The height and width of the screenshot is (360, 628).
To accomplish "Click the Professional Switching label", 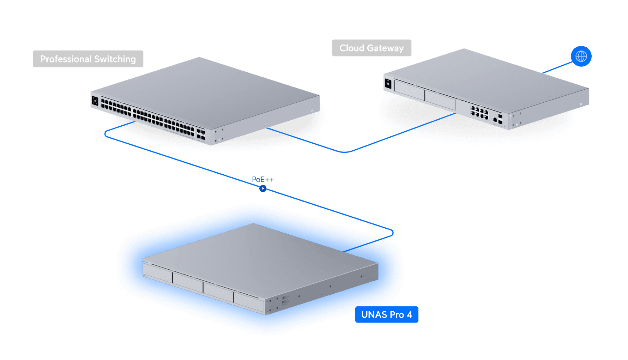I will point(88,59).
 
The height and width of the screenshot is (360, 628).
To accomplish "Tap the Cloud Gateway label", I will point(372,48).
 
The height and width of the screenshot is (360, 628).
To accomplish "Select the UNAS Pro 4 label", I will point(387,314).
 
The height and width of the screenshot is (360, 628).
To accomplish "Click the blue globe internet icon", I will point(581,56).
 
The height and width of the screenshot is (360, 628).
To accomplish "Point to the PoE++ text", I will point(262,180).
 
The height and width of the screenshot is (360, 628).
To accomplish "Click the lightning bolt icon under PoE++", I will point(263,188).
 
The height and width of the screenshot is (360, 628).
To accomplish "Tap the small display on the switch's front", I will point(95,101).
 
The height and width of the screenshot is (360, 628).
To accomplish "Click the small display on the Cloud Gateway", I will point(388,84).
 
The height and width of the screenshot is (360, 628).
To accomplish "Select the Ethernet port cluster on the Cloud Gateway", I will point(479,112).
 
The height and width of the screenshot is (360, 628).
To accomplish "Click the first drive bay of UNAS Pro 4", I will point(157,273).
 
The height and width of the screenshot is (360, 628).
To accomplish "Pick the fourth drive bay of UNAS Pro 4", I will point(249,302).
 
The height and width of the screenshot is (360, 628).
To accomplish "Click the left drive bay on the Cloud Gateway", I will point(409,90).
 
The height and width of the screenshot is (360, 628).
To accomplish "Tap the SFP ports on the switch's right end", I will point(201,134).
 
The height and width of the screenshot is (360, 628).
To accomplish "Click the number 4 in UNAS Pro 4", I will point(410,314).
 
